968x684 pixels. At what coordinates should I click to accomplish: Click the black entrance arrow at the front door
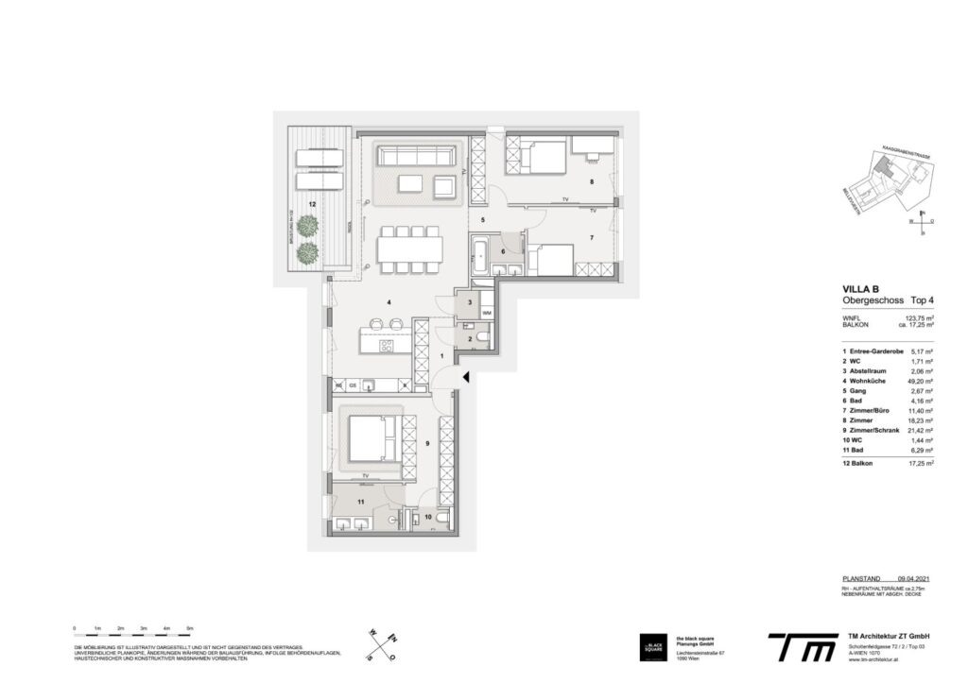coord(464,378)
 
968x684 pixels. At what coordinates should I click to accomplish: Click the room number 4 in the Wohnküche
coord(389,302)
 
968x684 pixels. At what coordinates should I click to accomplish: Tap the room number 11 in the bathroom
coord(360,504)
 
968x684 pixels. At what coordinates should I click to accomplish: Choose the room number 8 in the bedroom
coord(592,181)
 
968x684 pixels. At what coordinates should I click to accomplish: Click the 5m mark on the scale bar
coord(190,627)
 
